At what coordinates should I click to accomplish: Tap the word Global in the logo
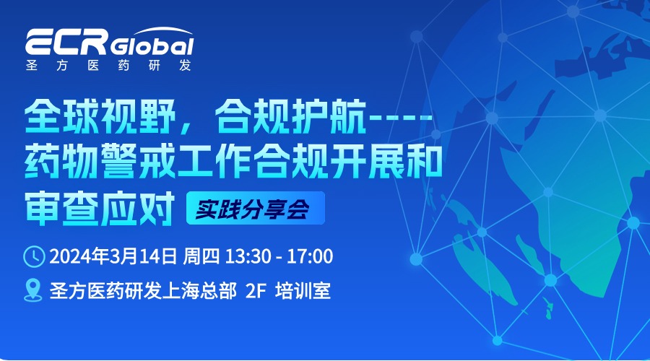(x=152, y=46)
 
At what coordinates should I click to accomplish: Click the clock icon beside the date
(x=34, y=256)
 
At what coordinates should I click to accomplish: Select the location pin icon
(x=33, y=290)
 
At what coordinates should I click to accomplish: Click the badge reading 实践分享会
(x=256, y=208)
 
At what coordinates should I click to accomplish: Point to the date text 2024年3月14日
(x=113, y=256)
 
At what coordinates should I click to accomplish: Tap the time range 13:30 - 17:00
(x=279, y=256)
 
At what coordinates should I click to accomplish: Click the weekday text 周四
(x=201, y=256)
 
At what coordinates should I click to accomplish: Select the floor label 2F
(x=256, y=290)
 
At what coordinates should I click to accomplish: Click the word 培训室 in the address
(x=303, y=290)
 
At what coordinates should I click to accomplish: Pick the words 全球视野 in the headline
(x=100, y=116)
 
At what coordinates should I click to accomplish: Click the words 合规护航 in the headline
(x=290, y=116)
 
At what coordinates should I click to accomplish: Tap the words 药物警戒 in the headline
(x=100, y=161)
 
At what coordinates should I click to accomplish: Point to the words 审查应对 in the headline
(x=100, y=208)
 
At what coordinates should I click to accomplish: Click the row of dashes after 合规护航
(x=400, y=117)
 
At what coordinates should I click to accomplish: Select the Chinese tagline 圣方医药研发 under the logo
(x=108, y=66)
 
